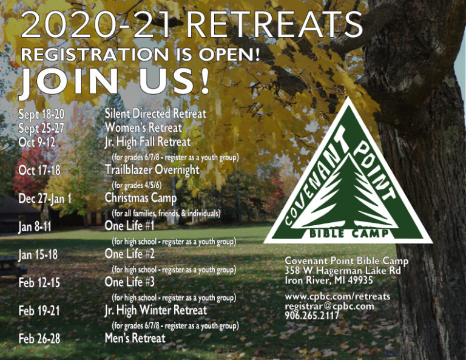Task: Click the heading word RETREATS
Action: (x=274, y=24)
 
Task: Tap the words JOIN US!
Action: (x=114, y=81)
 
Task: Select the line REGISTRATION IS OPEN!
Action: (x=140, y=55)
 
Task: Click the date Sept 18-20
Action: (x=41, y=114)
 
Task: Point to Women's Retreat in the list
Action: (x=143, y=127)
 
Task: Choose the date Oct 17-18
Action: (x=39, y=171)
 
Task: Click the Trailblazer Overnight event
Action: (x=152, y=170)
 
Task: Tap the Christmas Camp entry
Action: (x=141, y=198)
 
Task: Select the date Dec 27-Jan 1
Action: (x=45, y=199)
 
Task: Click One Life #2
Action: (x=130, y=254)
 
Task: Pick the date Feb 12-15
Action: (x=39, y=283)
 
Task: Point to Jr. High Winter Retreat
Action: (x=156, y=310)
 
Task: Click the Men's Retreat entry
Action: (x=135, y=338)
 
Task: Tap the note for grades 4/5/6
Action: (x=137, y=185)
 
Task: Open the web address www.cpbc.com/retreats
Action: (x=337, y=297)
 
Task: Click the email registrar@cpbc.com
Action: (x=329, y=306)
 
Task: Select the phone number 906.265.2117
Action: (x=312, y=316)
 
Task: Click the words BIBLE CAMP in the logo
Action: (x=349, y=233)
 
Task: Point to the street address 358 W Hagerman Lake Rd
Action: (x=343, y=271)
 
